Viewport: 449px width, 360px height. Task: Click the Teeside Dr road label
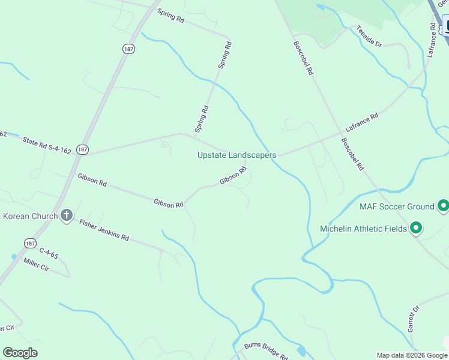click(x=369, y=35)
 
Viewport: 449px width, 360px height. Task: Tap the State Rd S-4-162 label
click(x=46, y=145)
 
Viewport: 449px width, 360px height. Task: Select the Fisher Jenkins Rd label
click(x=104, y=229)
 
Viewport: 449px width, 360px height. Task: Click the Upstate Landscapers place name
click(x=237, y=155)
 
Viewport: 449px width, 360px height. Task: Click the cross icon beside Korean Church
click(x=67, y=215)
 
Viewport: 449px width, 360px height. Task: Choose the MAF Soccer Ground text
click(x=397, y=206)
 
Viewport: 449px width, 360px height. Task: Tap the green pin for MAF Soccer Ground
click(x=444, y=206)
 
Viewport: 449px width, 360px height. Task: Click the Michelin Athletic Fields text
click(x=363, y=228)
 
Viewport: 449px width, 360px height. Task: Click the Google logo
click(x=20, y=353)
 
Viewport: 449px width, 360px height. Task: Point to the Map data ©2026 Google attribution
click(x=412, y=355)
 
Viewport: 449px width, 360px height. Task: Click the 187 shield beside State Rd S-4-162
click(x=83, y=149)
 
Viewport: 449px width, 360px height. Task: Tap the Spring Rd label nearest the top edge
click(x=171, y=16)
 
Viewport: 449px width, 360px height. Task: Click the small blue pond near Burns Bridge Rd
click(x=301, y=350)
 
